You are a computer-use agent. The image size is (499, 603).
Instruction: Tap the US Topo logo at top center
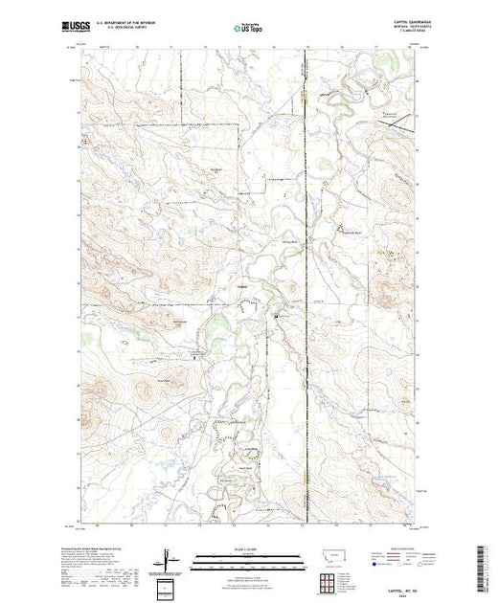click(247, 27)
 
